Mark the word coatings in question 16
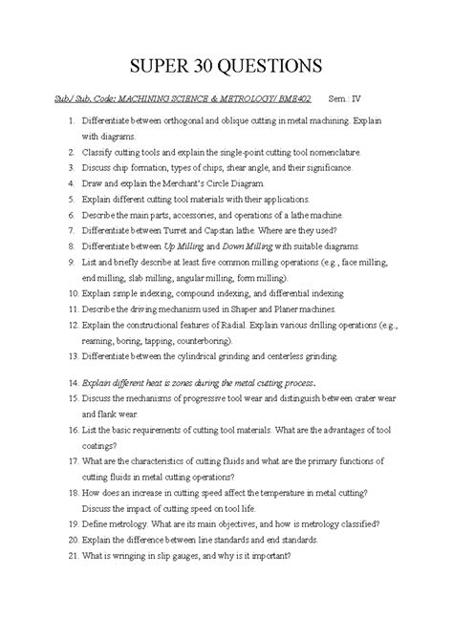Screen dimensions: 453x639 [x=104, y=445]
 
